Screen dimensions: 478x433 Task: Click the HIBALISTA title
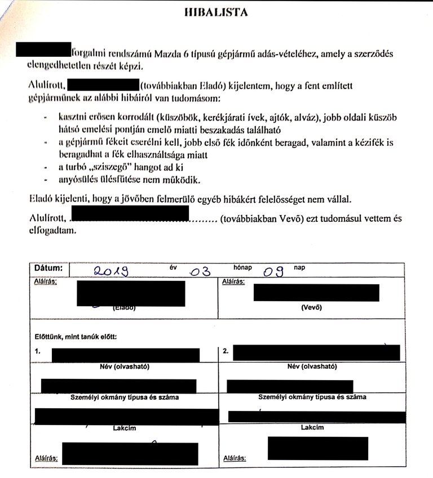click(x=216, y=12)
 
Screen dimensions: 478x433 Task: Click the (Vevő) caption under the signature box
click(x=312, y=308)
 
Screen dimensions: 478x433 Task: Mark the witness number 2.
click(x=224, y=351)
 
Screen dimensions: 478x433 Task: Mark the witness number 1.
click(x=37, y=351)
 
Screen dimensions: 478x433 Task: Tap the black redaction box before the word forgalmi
click(x=43, y=50)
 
